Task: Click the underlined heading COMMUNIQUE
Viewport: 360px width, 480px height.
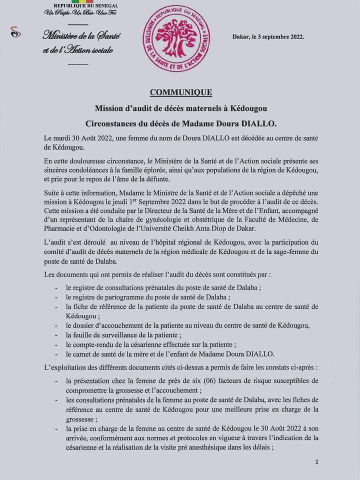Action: (x=180, y=92)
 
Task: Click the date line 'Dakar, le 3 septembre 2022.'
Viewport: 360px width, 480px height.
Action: (x=268, y=37)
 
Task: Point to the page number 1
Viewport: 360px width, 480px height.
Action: (x=317, y=462)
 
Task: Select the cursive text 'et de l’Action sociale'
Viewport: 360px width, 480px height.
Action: (x=78, y=50)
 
